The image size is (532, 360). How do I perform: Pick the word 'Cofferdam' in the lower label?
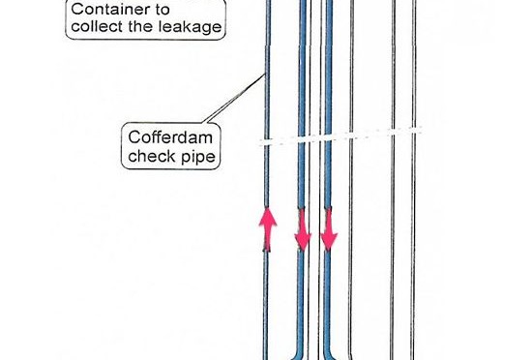170,137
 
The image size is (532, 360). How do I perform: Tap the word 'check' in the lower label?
150,156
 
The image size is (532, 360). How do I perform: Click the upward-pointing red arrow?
268,229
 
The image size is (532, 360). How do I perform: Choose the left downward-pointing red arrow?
303,229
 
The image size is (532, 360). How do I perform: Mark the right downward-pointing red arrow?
329,229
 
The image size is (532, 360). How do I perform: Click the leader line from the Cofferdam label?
233,99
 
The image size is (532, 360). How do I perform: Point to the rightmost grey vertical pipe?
414,180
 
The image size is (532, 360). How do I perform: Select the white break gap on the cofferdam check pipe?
267,142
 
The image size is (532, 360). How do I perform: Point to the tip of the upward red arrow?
268,208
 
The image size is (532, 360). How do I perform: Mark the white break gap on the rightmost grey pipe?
414,130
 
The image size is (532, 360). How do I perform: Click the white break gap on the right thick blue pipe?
328,137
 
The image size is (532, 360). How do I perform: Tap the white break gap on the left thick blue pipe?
302,139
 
